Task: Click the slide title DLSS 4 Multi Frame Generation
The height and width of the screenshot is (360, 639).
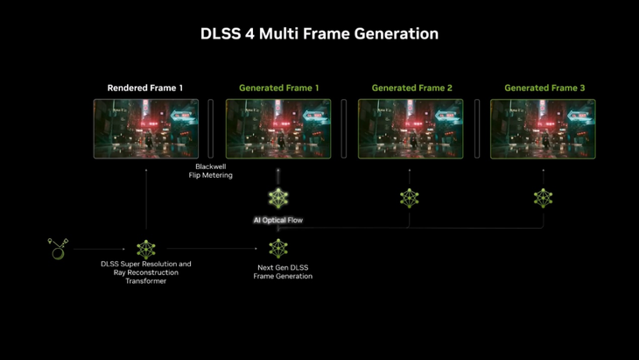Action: coord(319,33)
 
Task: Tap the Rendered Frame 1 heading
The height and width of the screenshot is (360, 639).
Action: coord(145,88)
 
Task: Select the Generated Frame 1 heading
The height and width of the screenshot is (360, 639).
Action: coord(278,88)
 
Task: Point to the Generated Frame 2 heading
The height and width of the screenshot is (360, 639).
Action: coord(411,88)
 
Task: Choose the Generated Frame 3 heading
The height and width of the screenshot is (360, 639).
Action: coord(544,88)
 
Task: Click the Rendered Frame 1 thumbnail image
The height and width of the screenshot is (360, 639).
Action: coord(146,129)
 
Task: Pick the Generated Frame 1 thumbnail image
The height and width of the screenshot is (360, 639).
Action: coord(278,129)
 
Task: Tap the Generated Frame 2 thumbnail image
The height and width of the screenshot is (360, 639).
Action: coord(411,129)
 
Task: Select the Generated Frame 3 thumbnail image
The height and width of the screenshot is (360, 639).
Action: coord(543,129)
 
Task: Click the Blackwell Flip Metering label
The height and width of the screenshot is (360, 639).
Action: coord(210,171)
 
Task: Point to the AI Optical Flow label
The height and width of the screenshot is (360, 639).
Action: coord(278,220)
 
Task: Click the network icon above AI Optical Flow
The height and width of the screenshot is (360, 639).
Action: coord(278,198)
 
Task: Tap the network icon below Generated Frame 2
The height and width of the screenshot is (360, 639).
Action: coord(410,198)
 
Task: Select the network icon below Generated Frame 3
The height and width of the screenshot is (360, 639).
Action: coord(544,198)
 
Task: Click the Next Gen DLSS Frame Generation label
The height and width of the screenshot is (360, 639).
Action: coord(283,272)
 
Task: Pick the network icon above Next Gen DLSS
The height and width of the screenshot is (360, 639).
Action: coord(278,248)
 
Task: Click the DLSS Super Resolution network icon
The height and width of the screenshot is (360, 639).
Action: coord(146,249)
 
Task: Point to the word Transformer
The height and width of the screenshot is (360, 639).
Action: coord(146,281)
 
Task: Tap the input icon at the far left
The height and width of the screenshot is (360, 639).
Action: coord(58,249)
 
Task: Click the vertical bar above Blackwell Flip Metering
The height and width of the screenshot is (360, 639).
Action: coord(211,129)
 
